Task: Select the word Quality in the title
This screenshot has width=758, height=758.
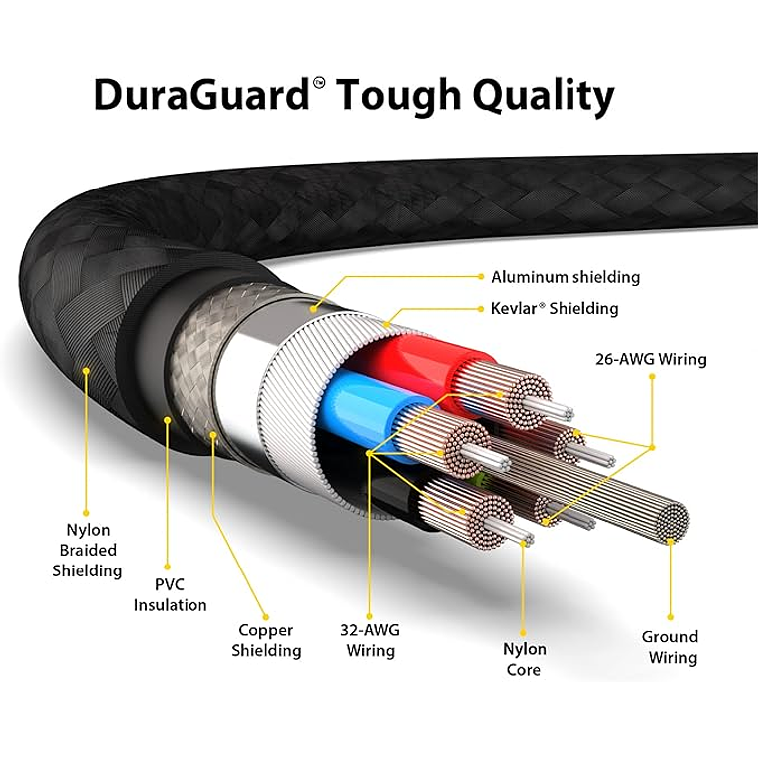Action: pyautogui.click(x=541, y=98)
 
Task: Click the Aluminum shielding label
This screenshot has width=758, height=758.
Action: pyautogui.click(x=566, y=277)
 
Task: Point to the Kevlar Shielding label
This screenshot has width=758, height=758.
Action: pyautogui.click(x=555, y=308)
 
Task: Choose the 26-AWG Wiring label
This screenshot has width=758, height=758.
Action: pyautogui.click(x=651, y=359)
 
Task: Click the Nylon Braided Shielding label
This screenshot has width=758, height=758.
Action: pyautogui.click(x=87, y=550)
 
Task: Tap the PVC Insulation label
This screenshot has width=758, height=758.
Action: pyautogui.click(x=171, y=594)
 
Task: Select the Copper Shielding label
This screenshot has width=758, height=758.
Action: pyautogui.click(x=266, y=640)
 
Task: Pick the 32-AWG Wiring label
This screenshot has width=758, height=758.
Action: pyautogui.click(x=370, y=640)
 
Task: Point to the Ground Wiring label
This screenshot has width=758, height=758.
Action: pyautogui.click(x=670, y=647)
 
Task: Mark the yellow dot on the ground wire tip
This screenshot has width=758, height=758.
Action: pyautogui.click(x=671, y=541)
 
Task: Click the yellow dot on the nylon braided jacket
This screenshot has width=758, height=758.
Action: pyautogui.click(x=87, y=371)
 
